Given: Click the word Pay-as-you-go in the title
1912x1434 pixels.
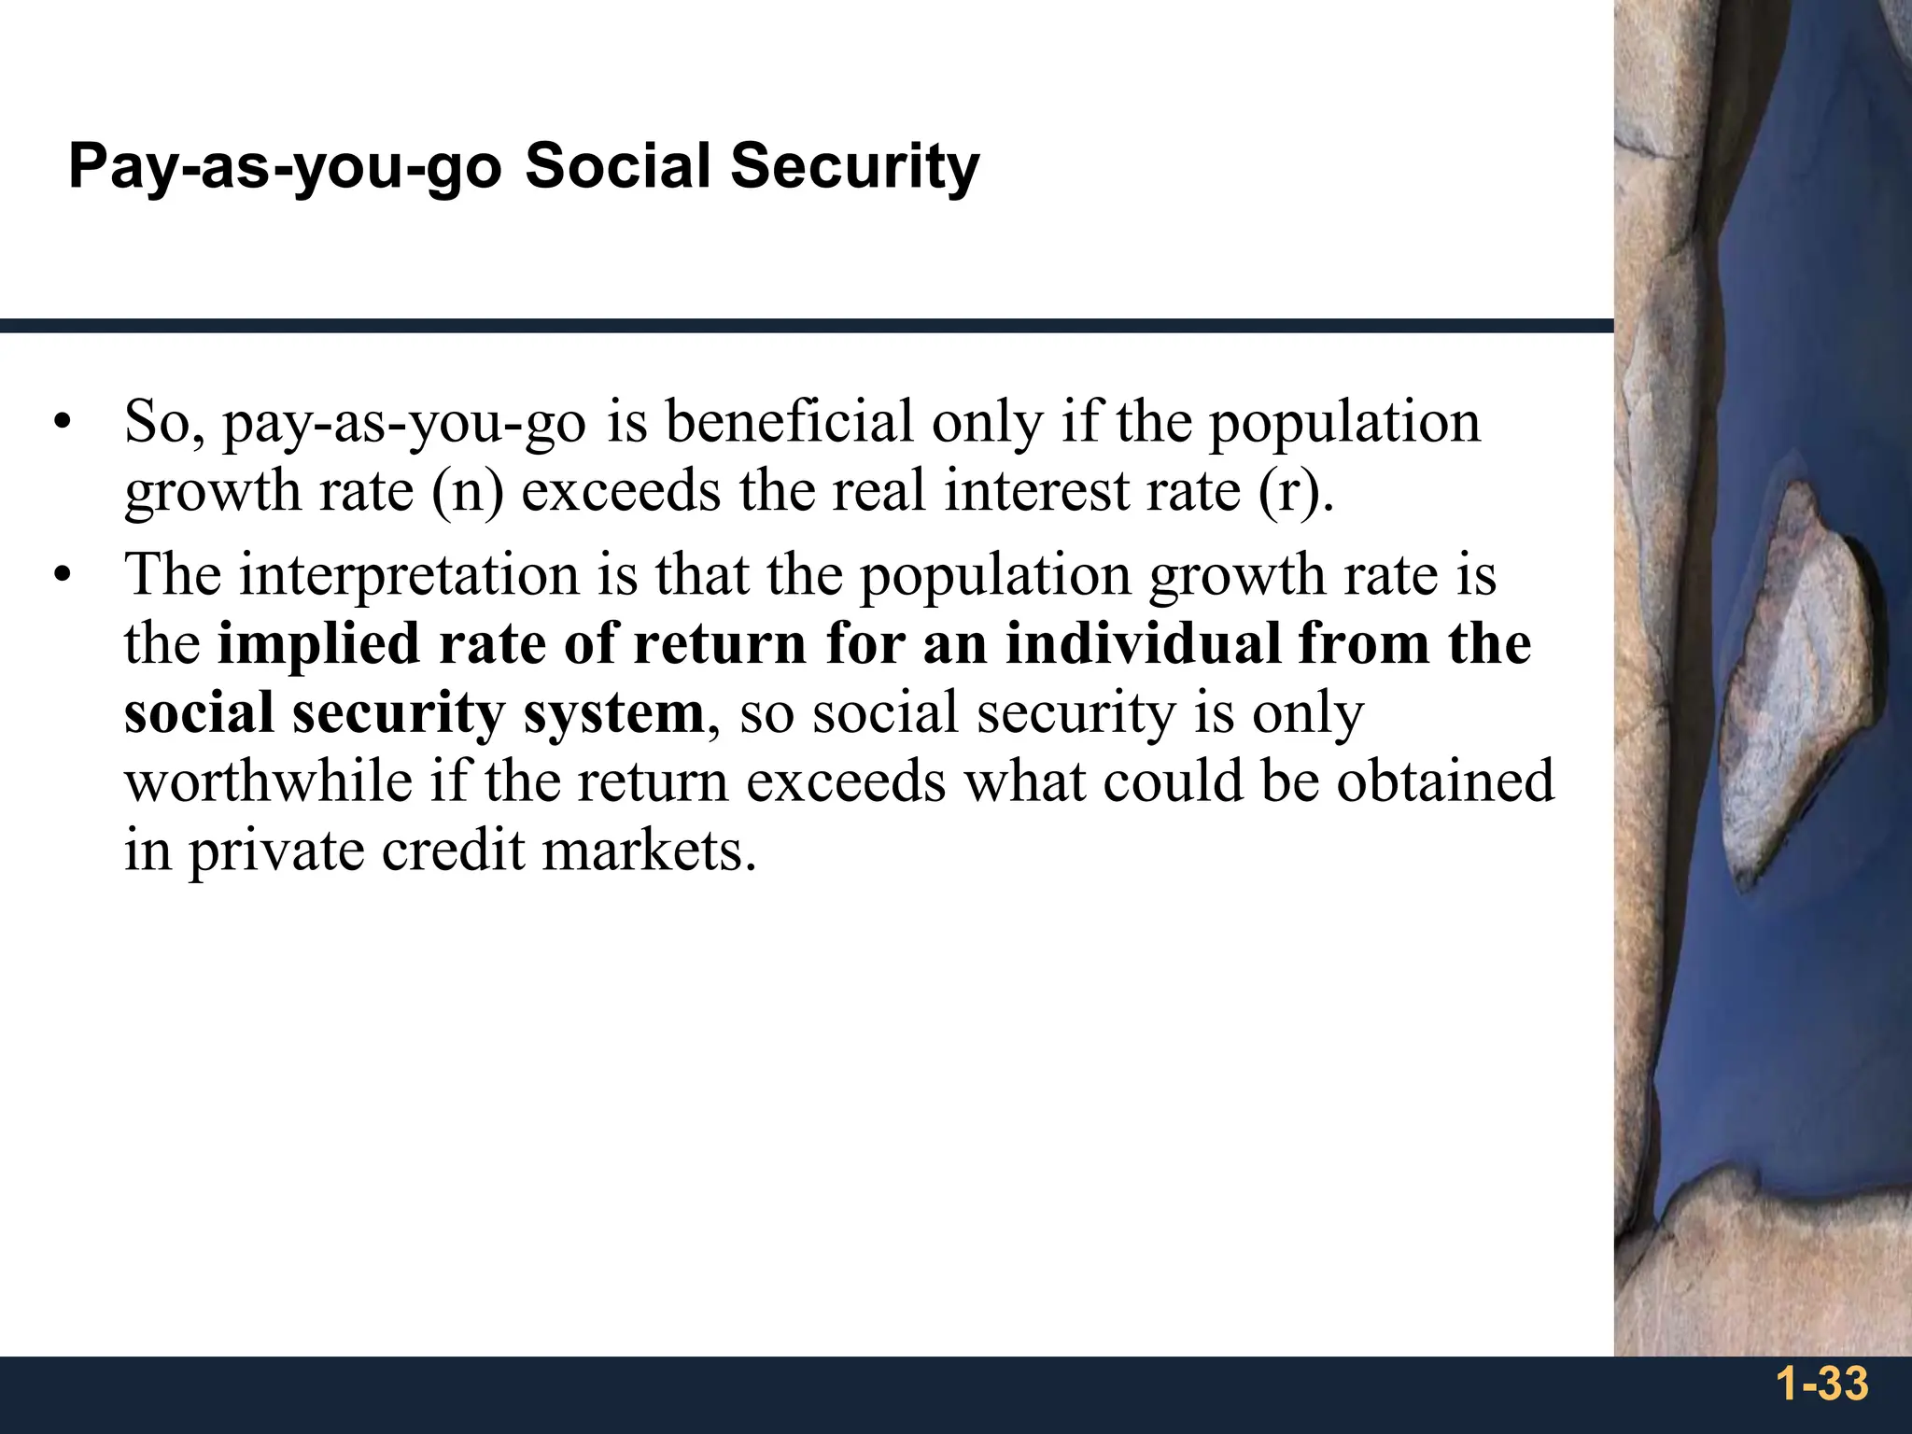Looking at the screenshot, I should coord(285,168).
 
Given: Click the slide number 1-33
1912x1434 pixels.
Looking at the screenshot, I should coord(1821,1384).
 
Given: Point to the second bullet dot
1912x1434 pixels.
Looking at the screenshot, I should coord(63,575).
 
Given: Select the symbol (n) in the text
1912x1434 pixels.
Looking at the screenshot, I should coord(467,491).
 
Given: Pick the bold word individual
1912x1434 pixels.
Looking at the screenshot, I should coord(1143,643).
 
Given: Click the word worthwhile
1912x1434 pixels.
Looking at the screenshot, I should coord(268,781).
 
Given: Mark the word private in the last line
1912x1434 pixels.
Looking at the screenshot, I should coord(276,851).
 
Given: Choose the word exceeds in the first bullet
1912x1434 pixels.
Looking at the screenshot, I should coord(621,491).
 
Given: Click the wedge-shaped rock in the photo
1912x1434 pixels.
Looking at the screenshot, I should coord(1792,682).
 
